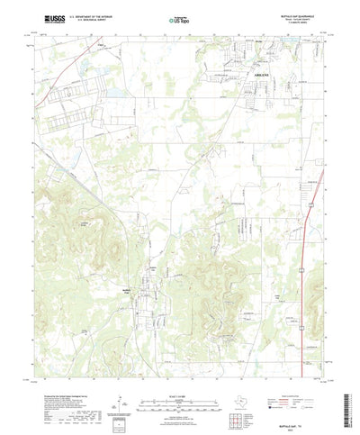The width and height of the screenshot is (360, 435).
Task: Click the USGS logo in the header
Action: [x=46, y=16]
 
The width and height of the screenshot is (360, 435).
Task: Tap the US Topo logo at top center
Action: [x=179, y=17]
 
